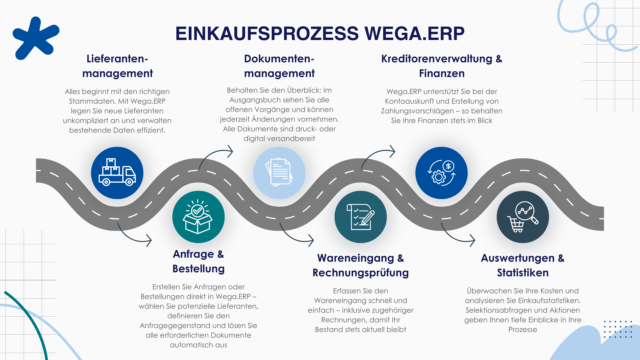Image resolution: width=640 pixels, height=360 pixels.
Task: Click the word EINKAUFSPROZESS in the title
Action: [x=267, y=34]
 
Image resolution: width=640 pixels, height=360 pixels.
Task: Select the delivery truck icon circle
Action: [x=117, y=173]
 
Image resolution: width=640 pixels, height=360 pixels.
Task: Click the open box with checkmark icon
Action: [x=198, y=217]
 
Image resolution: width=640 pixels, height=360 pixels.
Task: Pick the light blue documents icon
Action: [x=279, y=173]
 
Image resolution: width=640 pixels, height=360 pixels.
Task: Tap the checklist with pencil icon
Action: [x=360, y=217]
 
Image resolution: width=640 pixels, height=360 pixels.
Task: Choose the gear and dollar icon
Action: [x=441, y=173]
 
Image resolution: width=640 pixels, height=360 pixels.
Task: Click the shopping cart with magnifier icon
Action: [x=522, y=217]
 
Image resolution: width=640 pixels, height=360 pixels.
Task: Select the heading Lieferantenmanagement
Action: [x=117, y=66]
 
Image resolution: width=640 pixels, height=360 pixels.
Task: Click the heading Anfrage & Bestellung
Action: [x=198, y=261]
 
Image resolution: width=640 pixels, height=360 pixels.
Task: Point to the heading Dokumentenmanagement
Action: [x=279, y=66]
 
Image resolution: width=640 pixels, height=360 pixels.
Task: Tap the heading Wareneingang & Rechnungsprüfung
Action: [x=360, y=265]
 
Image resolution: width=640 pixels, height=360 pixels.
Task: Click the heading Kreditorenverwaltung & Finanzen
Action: [x=442, y=66]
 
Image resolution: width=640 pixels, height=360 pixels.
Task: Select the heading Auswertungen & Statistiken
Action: [x=522, y=265]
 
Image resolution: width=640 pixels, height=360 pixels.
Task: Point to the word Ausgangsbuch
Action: [x=256, y=100]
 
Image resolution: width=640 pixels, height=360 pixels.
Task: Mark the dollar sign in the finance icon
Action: [x=448, y=166]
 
